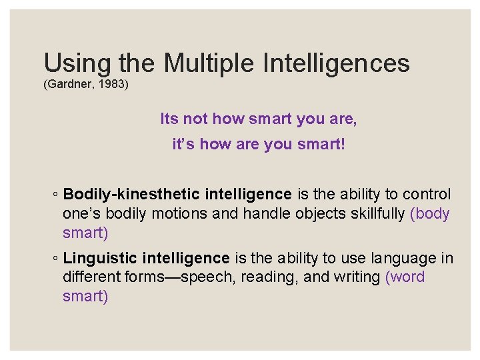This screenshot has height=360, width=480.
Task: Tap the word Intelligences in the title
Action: tap(336, 64)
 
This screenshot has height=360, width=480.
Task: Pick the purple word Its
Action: tap(169, 119)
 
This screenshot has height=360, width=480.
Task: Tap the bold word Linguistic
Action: tap(97, 257)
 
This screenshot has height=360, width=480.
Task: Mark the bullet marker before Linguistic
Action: tap(55, 259)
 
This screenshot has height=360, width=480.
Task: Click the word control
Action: tap(427, 194)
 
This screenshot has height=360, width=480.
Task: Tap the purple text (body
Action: tap(431, 213)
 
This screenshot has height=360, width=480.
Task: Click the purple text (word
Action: tap(405, 277)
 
